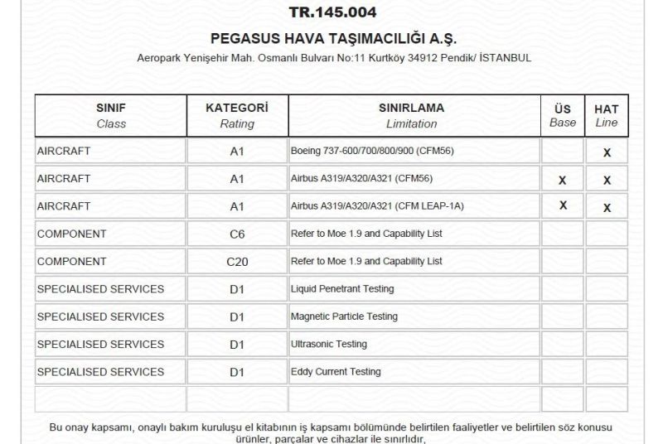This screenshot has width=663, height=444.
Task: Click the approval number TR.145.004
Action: (x=332, y=12)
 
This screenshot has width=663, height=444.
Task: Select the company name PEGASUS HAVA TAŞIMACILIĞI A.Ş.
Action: (x=333, y=39)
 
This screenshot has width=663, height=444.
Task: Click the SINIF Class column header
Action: (x=111, y=115)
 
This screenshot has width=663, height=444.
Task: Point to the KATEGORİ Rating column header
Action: (x=237, y=115)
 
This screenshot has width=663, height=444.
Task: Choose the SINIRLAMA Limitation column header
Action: (x=411, y=115)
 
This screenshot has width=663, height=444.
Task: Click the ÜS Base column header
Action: (x=563, y=115)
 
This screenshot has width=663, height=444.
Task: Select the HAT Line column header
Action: (x=607, y=115)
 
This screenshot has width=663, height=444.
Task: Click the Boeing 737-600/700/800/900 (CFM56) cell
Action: (x=372, y=151)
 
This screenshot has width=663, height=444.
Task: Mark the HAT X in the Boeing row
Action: (x=607, y=152)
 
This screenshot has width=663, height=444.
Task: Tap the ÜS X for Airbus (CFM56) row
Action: (x=563, y=180)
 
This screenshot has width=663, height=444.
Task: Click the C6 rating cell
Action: (x=237, y=234)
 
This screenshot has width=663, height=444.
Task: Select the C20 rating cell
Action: (x=237, y=261)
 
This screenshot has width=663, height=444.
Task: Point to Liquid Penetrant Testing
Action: (x=342, y=289)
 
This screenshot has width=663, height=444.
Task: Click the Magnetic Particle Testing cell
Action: (x=344, y=316)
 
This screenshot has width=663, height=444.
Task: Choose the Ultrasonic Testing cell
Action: (x=328, y=344)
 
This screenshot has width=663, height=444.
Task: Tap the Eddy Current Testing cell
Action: (x=336, y=372)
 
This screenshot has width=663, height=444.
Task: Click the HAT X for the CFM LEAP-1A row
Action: (x=607, y=208)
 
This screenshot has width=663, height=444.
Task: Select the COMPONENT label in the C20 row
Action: (x=72, y=261)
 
